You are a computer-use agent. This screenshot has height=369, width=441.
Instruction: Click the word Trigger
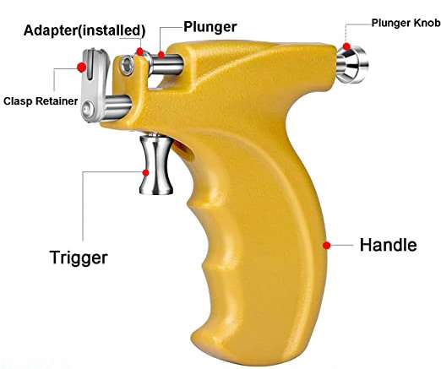pos(79,258)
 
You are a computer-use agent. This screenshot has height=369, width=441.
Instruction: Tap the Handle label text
pos(389,245)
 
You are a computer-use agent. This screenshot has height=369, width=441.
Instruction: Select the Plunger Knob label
pos(406,23)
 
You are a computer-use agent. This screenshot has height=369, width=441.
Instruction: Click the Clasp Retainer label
pos(41,101)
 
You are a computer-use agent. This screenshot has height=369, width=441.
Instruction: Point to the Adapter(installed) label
pos(84,30)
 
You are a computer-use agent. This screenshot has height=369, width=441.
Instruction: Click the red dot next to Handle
pos(326,246)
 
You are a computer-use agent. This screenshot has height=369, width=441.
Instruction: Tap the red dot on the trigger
pos(145,173)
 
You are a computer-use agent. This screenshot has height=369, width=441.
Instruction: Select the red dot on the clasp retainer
pos(82,68)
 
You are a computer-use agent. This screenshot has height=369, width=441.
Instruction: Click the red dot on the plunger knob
pos(346,46)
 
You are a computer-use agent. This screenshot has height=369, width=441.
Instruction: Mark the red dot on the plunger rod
pos(161,55)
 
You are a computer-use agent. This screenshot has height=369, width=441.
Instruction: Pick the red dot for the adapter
pos(139,52)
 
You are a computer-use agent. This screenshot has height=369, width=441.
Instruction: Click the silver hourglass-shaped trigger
pos(155,165)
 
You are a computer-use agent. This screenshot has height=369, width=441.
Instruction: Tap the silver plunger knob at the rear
pos(352,64)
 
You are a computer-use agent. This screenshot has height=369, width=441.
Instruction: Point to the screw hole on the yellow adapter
pos(127,66)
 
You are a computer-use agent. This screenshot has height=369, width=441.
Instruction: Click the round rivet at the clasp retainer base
pos(87,108)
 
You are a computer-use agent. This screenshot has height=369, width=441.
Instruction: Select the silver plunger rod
pos(167,65)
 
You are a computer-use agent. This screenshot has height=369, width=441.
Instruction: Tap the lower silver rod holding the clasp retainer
pos(117,106)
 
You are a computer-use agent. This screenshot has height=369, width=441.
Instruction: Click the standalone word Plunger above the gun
pos(210,28)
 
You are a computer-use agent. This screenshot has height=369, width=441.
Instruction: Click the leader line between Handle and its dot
pos(341,246)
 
